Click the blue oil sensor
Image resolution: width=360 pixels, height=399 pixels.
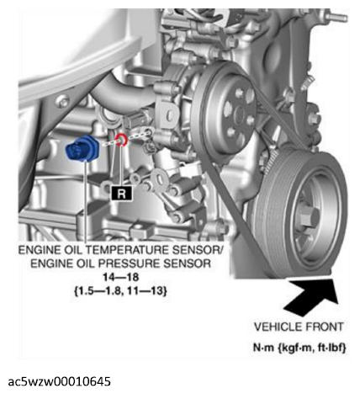click(x=82, y=149)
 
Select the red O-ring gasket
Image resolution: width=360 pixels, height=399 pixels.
click(x=121, y=140)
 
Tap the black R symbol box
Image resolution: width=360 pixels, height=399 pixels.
click(x=121, y=194)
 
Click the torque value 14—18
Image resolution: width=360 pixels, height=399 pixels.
click(x=120, y=277)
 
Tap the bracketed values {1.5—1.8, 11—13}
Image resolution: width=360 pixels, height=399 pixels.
click(x=120, y=290)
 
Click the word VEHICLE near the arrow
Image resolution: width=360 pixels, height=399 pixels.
click(x=278, y=327)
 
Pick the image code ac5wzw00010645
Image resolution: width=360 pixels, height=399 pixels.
click(x=60, y=381)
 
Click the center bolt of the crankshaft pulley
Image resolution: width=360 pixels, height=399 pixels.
click(x=308, y=217)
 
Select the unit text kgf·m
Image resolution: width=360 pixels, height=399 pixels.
click(x=297, y=348)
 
